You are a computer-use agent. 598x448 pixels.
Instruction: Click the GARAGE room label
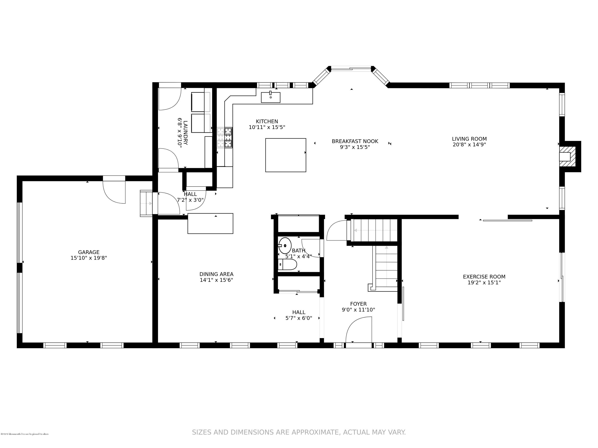(x=89, y=252)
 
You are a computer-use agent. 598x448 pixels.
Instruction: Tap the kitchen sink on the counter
(x=270, y=98)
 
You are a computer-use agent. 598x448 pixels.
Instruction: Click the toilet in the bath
(x=287, y=265)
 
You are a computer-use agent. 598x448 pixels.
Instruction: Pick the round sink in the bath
(x=285, y=246)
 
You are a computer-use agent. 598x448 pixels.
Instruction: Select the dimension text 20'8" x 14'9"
(x=469, y=145)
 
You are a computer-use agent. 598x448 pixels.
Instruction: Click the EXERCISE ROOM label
(x=484, y=277)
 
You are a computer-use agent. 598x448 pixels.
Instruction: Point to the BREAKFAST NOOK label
(x=355, y=141)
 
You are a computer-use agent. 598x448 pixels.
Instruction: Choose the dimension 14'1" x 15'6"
(x=216, y=280)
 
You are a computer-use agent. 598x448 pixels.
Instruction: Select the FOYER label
(x=358, y=304)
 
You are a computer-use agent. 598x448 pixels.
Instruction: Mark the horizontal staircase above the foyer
(x=374, y=230)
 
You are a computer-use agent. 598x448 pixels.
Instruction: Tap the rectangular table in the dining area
(x=210, y=223)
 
